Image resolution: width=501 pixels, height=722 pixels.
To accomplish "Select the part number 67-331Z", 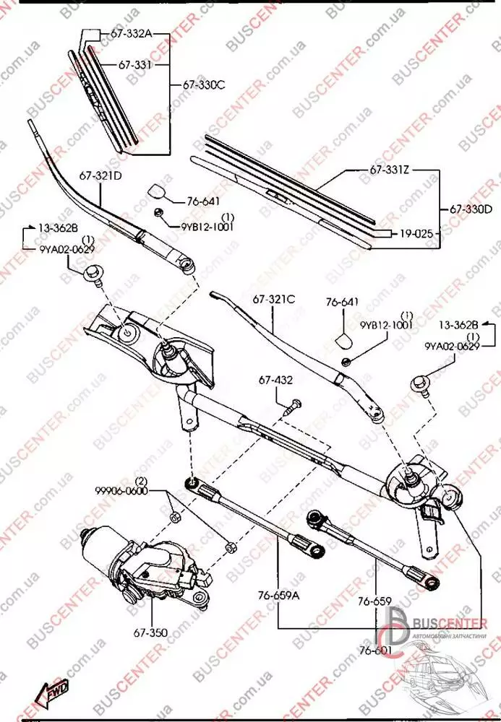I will (x=390, y=170).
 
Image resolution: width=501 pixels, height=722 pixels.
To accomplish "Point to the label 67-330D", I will (x=471, y=209).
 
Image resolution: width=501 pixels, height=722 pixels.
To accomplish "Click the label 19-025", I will (x=416, y=234).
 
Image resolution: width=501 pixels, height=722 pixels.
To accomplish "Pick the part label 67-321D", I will (x=100, y=175).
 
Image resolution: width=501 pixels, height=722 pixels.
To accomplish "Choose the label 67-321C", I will (x=274, y=298).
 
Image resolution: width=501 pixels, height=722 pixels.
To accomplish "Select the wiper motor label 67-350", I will (x=150, y=633).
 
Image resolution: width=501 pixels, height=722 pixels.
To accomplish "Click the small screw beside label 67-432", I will (x=291, y=406).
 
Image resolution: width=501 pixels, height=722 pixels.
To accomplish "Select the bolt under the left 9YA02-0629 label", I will (x=92, y=275).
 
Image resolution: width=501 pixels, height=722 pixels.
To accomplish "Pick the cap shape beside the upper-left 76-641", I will (x=158, y=192).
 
